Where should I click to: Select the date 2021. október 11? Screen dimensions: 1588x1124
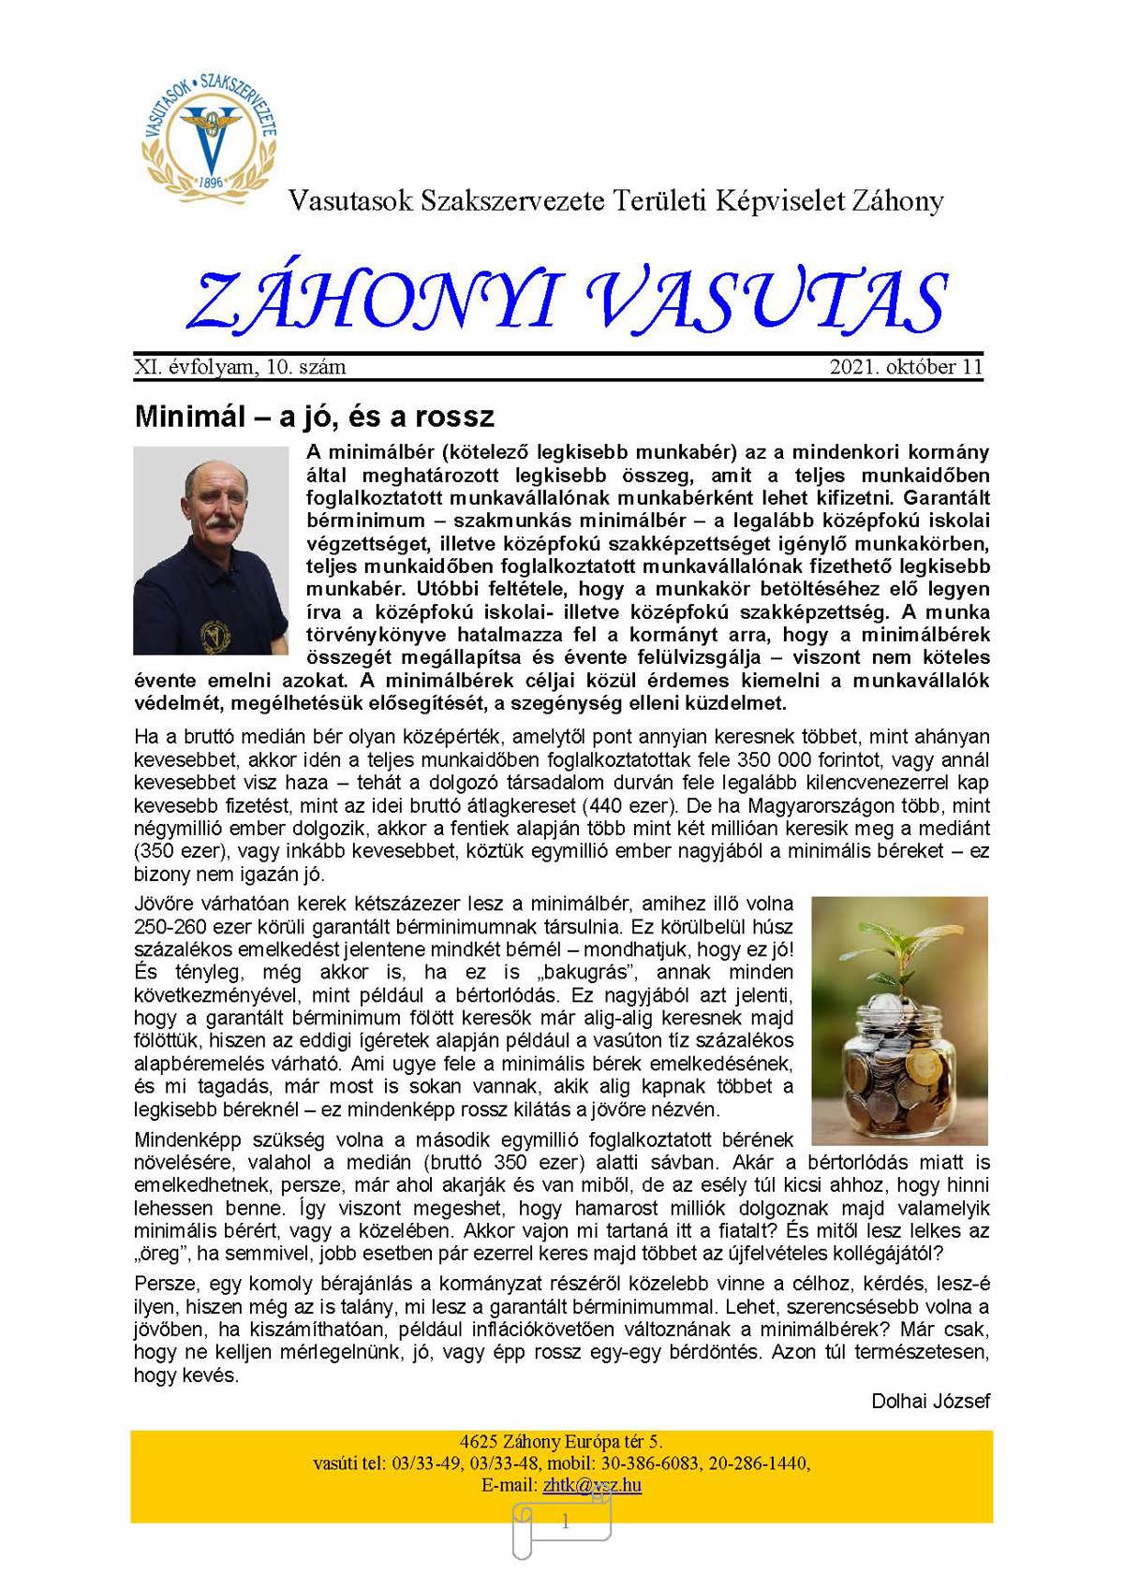click(x=906, y=367)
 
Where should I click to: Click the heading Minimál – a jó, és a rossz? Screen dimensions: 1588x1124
click(x=315, y=416)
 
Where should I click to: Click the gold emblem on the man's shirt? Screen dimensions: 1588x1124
click(x=216, y=636)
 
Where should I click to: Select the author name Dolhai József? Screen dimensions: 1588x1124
click(x=930, y=1401)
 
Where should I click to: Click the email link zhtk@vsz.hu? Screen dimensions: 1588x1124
click(x=592, y=1485)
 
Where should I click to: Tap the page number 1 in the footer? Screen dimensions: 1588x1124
click(x=565, y=1523)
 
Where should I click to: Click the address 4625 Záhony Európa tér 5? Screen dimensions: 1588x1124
click(x=562, y=1442)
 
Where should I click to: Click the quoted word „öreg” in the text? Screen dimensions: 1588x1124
click(x=160, y=1254)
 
